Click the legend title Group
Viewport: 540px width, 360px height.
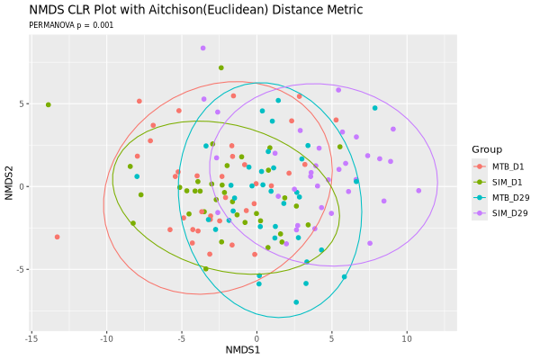tap(487, 149)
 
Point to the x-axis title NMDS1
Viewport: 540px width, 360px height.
tap(243, 350)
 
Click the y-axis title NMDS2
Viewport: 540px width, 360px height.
tap(9, 183)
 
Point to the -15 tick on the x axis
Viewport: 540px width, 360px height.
tap(31, 339)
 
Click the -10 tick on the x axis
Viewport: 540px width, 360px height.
tap(106, 339)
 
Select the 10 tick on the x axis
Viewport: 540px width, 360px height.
tap(407, 339)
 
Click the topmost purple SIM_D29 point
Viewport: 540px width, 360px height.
tap(203, 48)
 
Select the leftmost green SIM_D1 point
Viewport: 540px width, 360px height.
tap(49, 104)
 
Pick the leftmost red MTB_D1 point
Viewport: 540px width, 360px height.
tap(58, 237)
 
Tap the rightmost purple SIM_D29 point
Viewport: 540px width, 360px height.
tap(418, 191)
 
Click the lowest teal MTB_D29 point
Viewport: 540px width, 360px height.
tap(296, 302)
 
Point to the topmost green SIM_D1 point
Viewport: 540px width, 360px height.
tap(221, 67)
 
